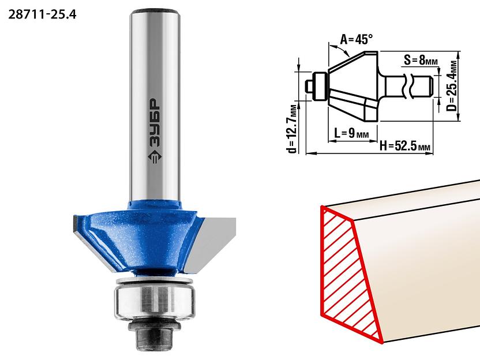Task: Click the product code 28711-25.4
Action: [42, 14]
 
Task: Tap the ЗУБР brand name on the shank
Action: [155, 122]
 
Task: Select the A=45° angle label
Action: [357, 39]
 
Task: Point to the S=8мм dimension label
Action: [421, 60]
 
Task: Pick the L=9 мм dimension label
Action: [351, 133]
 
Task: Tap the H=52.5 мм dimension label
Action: [405, 147]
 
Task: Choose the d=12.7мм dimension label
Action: [293, 129]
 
